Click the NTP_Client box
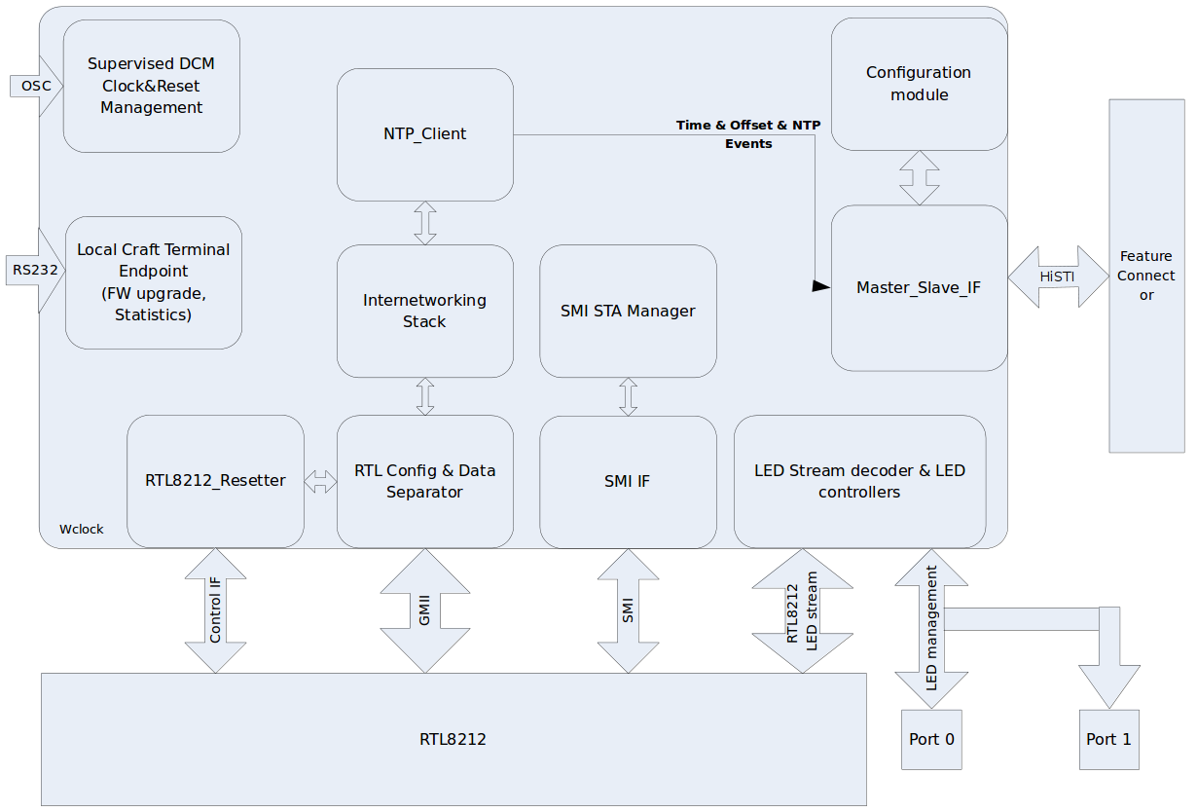[x=424, y=134]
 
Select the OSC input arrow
[x=35, y=86]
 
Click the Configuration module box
[x=919, y=84]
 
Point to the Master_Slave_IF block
[x=919, y=288]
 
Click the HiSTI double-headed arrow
[x=1058, y=277]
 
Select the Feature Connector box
[x=1146, y=276]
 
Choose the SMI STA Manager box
[x=628, y=312]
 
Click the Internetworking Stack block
[x=424, y=312]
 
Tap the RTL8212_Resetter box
[x=215, y=481]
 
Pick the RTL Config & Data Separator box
[x=424, y=481]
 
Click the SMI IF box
[x=628, y=481]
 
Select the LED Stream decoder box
[x=859, y=481]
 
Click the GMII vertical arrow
[x=424, y=611]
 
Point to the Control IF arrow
[x=215, y=611]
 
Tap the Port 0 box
[x=931, y=740]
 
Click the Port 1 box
[x=1108, y=740]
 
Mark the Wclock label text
[x=82, y=530]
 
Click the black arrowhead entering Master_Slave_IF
[x=821, y=286]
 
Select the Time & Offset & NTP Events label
[x=748, y=134]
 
